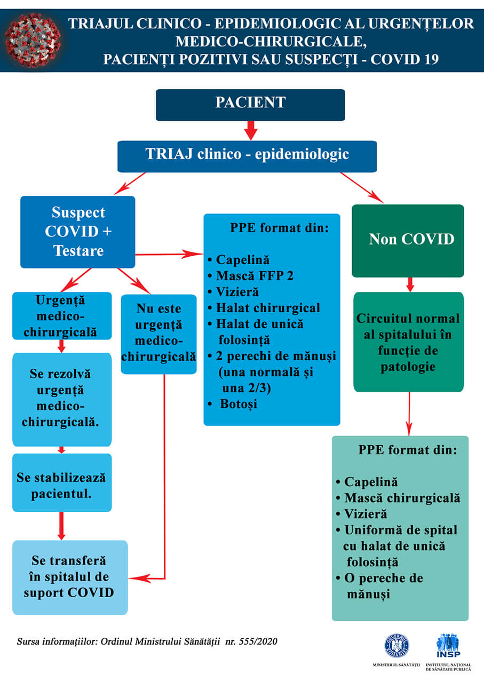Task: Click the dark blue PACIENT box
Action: [250, 105]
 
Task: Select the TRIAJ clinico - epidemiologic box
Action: [247, 156]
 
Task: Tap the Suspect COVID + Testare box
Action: [78, 232]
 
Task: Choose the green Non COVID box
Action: [408, 240]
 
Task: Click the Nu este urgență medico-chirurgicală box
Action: [158, 332]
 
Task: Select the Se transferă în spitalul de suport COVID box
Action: [70, 577]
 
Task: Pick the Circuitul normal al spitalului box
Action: [408, 342]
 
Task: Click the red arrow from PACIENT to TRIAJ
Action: [251, 131]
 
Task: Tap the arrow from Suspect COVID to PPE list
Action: [169, 255]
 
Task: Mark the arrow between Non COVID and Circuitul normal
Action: [410, 284]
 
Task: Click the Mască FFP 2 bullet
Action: [255, 276]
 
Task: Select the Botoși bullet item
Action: [239, 404]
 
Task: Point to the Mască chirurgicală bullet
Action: [402, 498]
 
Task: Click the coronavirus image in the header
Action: [33, 40]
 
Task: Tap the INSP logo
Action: [448, 646]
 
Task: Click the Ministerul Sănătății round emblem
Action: [396, 645]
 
